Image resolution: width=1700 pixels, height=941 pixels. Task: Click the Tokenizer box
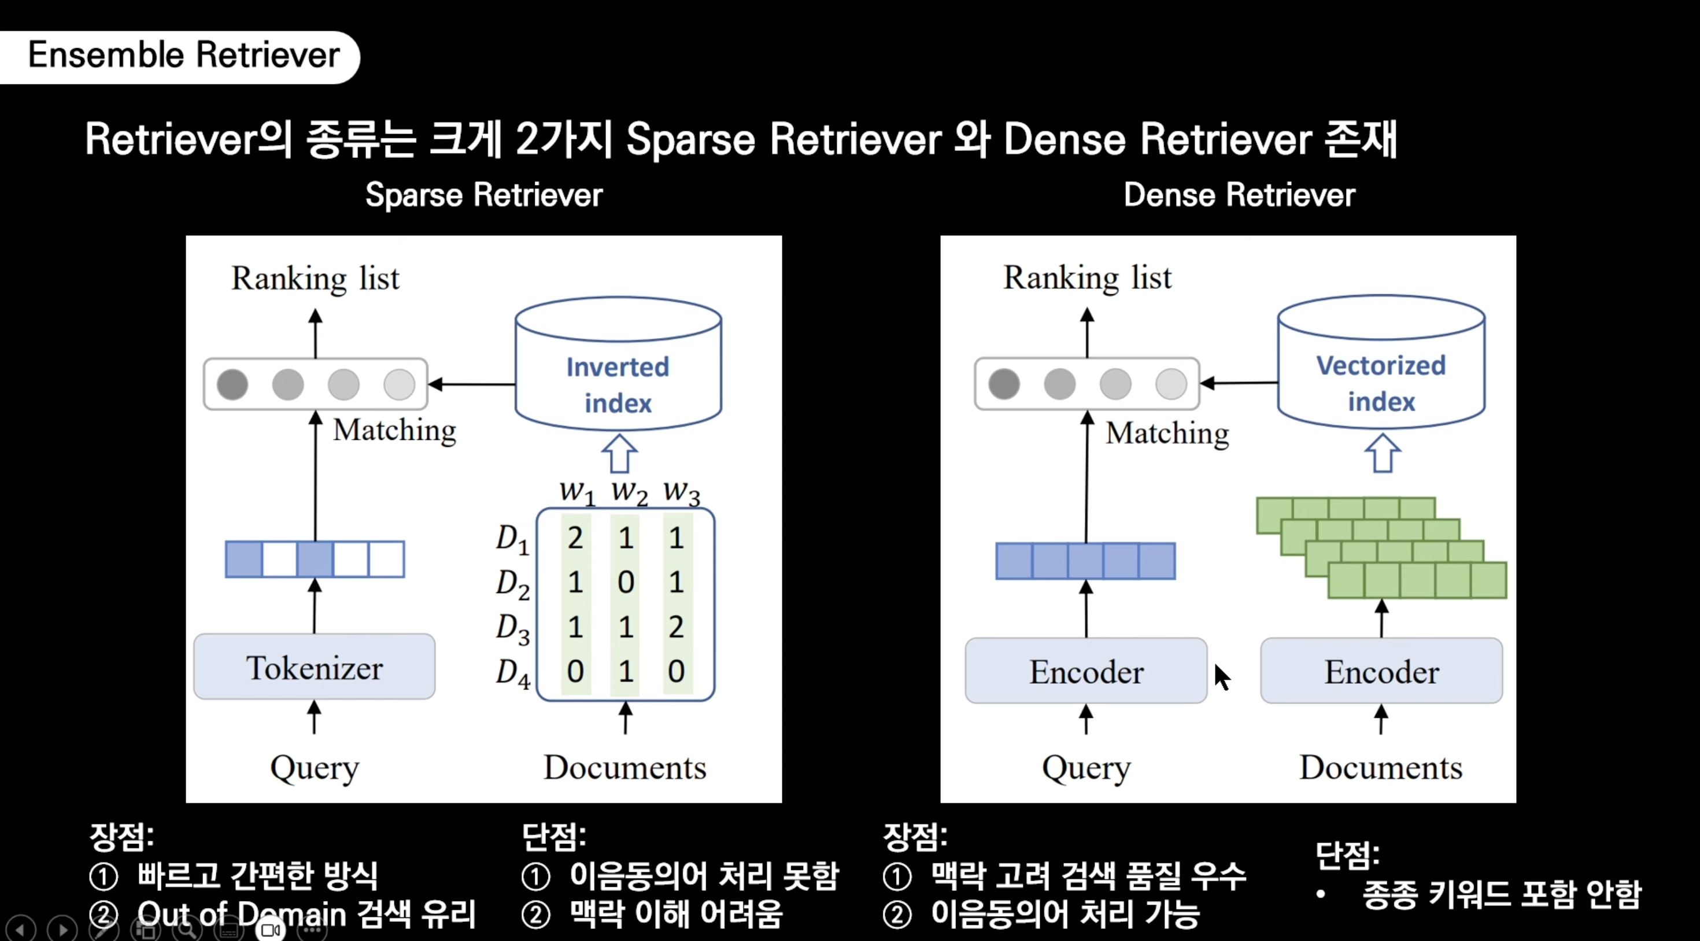pyautogui.click(x=314, y=667)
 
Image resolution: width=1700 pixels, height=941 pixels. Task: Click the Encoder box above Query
pyautogui.click(x=1085, y=671)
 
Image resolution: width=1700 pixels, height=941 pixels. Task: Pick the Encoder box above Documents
pyautogui.click(x=1381, y=671)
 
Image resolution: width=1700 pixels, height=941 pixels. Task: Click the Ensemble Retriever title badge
pyautogui.click(x=183, y=55)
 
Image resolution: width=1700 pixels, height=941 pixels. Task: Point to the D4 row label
pyautogui.click(x=513, y=672)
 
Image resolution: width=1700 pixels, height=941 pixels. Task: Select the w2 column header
pyautogui.click(x=629, y=492)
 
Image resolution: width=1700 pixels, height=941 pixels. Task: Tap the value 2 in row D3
pyautogui.click(x=676, y=626)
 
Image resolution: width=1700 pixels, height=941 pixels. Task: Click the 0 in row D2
pyautogui.click(x=626, y=582)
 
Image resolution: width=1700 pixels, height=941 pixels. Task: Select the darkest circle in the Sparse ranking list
pyautogui.click(x=232, y=384)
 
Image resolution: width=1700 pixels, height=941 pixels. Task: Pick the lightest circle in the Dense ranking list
pyautogui.click(x=1171, y=384)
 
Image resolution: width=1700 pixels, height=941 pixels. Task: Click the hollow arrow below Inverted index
pyautogui.click(x=619, y=453)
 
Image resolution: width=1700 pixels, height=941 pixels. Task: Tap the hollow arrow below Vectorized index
pyautogui.click(x=1382, y=453)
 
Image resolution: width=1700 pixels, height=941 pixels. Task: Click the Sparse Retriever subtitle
pyautogui.click(x=484, y=195)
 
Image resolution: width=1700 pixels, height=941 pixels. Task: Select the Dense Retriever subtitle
pyautogui.click(x=1239, y=195)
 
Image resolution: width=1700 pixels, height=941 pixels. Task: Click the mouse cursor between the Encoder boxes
pyautogui.click(x=1222, y=676)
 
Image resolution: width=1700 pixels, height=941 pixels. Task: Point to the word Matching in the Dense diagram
pyautogui.click(x=1167, y=434)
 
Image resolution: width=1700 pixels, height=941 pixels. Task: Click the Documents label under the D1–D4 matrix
pyautogui.click(x=624, y=768)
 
